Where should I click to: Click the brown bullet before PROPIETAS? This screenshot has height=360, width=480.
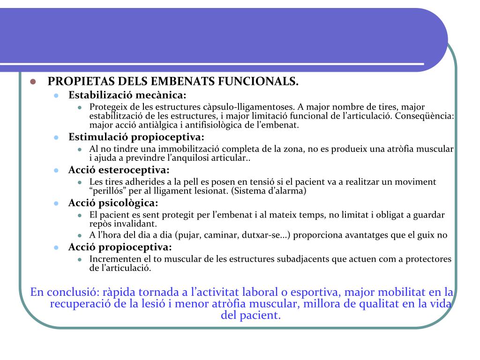click(33, 82)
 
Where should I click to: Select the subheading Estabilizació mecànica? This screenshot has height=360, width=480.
click(127, 95)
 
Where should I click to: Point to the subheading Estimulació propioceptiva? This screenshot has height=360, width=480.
click(136, 137)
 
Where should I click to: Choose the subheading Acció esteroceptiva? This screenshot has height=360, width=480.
click(119, 170)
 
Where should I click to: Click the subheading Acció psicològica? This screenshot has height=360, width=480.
click(113, 203)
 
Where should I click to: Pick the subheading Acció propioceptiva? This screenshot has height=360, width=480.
click(120, 247)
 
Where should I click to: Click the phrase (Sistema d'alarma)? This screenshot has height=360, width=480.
click(267, 191)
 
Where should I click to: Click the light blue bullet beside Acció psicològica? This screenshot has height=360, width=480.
click(56, 203)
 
